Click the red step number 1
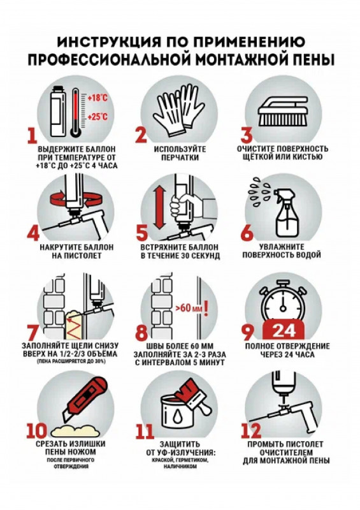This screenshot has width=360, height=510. click(32, 135)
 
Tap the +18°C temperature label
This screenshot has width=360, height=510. click(98, 98)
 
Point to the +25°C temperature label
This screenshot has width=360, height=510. click(98, 116)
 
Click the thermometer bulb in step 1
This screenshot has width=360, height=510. click(75, 131)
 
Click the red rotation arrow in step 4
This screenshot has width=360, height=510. click(74, 198)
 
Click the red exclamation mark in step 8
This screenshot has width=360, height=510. click(206, 309)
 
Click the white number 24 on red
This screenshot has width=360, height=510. click(284, 330)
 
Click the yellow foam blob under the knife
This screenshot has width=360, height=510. click(75, 431)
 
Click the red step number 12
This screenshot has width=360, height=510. click(251, 430)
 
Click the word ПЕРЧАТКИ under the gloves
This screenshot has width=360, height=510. click(180, 157)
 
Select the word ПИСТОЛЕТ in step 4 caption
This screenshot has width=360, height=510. click(76, 256)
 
